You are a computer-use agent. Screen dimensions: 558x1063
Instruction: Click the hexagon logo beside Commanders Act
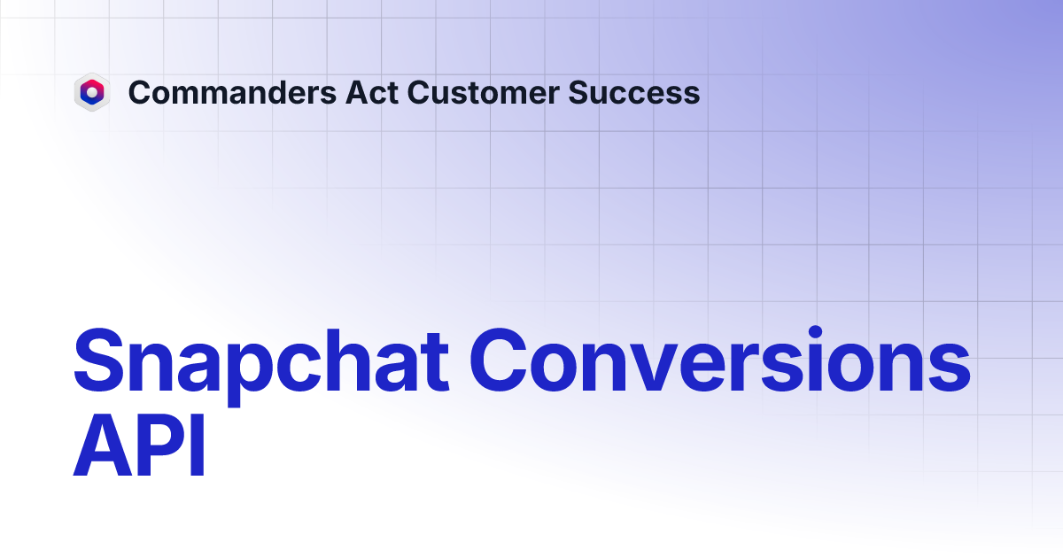pos(91,92)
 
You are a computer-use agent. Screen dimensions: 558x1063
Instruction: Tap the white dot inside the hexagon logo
pos(91,91)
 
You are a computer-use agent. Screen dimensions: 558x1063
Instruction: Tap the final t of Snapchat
pos(438,363)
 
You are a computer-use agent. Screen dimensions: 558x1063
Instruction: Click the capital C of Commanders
pos(138,92)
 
